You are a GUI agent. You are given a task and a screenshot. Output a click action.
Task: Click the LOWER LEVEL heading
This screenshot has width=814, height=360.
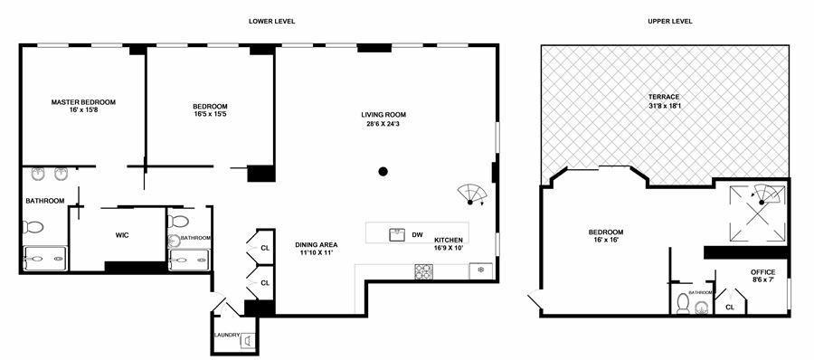tap(272, 21)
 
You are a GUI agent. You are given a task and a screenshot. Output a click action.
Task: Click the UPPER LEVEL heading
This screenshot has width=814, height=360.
tap(670, 21)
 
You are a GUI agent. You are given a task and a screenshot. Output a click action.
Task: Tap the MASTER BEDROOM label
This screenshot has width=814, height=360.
tap(83, 102)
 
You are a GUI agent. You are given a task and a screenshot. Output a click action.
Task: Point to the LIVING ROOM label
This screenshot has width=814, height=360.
tap(383, 115)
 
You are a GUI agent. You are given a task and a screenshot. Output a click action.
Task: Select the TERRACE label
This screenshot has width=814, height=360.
tap(663, 97)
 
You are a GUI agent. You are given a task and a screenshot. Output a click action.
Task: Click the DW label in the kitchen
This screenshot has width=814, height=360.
tap(417, 235)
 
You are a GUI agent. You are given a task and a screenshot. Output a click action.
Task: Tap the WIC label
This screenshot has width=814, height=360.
tap(123, 235)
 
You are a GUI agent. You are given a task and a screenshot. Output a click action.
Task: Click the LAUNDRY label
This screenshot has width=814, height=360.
tap(227, 336)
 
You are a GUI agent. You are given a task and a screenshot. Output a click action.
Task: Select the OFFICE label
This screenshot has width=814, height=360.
tap(763, 272)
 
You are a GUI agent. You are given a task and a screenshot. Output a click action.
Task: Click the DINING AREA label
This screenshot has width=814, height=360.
tap(317, 244)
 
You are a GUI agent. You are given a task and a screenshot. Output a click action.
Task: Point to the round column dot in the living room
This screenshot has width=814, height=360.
tap(383, 171)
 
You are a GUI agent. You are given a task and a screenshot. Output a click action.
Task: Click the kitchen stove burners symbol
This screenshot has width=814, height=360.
tap(423, 270)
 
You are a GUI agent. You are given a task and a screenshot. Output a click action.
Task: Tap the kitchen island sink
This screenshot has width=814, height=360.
tap(395, 235)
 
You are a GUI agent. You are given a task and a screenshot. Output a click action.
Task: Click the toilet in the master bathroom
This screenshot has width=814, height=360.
tap(33, 227)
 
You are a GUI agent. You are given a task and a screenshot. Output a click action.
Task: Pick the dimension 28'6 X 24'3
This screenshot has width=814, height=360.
tap(383, 125)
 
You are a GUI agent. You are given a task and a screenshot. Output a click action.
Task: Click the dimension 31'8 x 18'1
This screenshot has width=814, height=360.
tap(663, 107)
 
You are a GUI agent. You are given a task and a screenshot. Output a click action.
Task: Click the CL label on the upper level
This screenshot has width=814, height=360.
tap(730, 308)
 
